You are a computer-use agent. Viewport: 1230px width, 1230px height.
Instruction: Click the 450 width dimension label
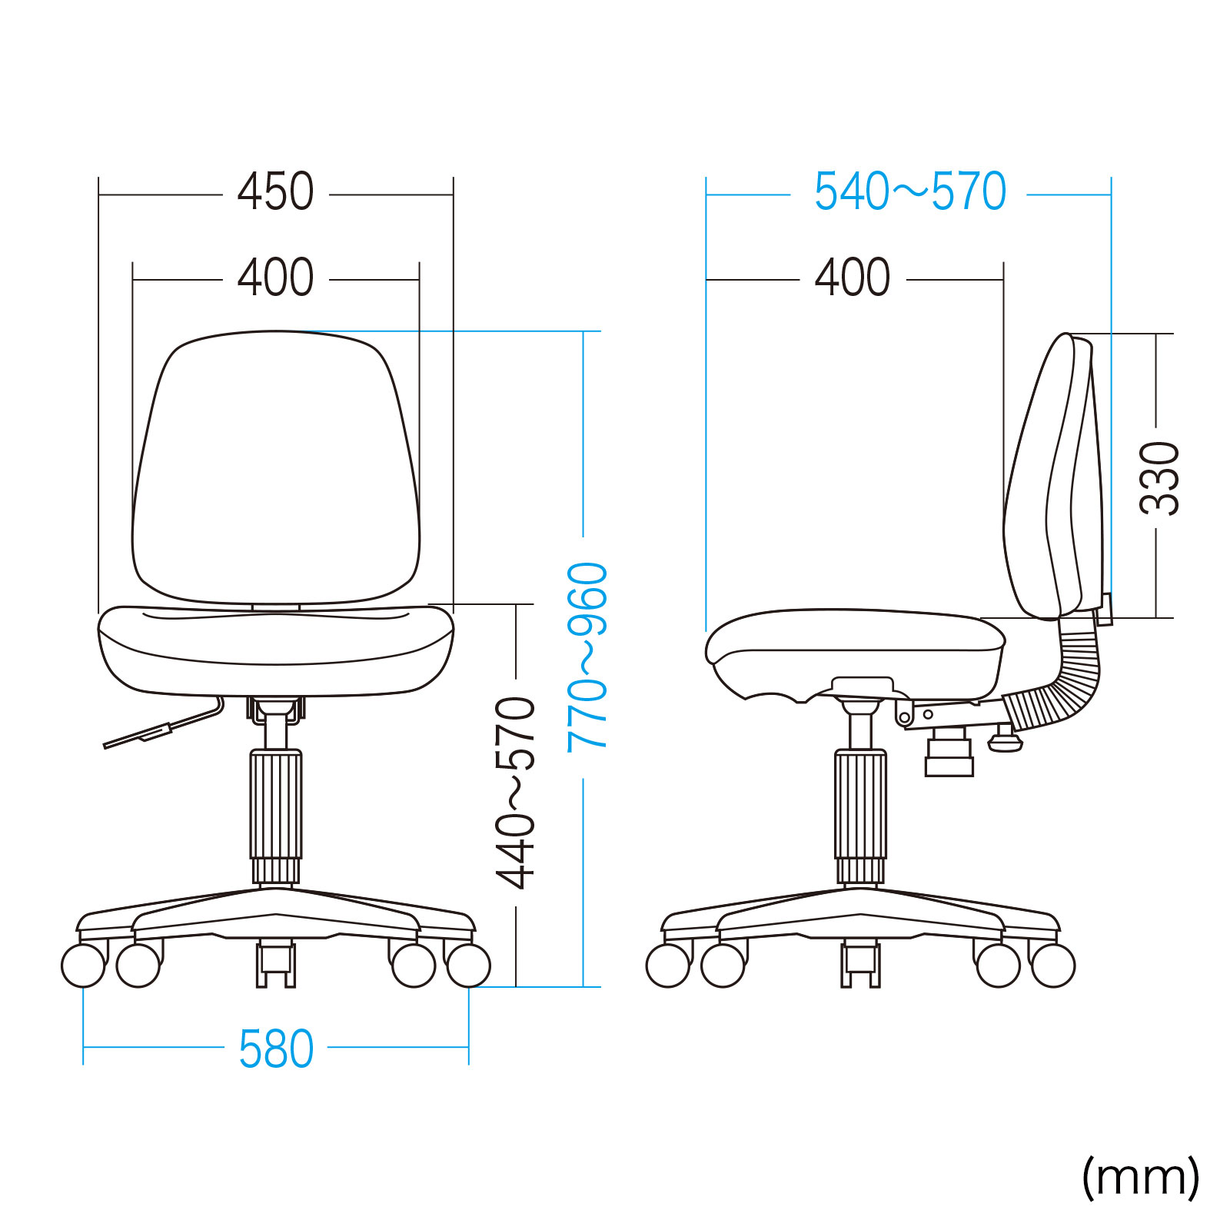(x=275, y=191)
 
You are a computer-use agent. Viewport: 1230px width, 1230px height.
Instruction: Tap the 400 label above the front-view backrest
(x=275, y=278)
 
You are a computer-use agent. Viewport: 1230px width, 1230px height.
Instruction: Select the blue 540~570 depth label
(x=909, y=191)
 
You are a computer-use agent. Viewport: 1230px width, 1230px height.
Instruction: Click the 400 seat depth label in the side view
(x=853, y=278)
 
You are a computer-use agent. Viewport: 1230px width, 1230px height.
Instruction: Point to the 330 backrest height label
(x=1159, y=478)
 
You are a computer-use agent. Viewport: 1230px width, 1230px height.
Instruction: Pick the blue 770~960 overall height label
(x=587, y=657)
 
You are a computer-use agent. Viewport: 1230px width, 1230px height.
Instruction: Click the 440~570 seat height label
(x=515, y=793)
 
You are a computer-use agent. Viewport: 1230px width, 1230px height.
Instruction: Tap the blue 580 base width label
(x=276, y=1049)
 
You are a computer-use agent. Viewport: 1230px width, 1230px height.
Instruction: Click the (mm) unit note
(x=1140, y=1177)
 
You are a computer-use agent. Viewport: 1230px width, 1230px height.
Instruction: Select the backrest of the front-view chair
(x=276, y=467)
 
